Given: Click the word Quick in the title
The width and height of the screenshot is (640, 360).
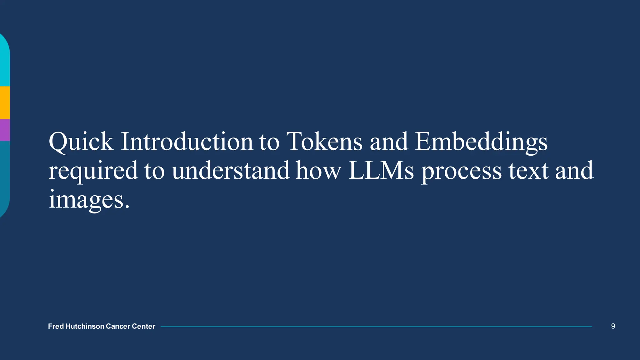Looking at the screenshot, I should coord(81,142).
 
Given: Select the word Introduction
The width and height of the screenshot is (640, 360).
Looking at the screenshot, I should coord(187,142).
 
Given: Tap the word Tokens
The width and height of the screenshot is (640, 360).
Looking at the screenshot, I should coord(324,142).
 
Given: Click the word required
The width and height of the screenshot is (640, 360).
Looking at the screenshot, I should coord(93,171).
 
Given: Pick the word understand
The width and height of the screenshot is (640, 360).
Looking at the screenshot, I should coord(231,171).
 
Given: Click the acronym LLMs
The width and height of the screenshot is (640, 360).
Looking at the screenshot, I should coord(381,171).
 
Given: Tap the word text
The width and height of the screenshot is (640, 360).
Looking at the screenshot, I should coord(528,171).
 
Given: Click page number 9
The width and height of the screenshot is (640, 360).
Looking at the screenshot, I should coord(613,326).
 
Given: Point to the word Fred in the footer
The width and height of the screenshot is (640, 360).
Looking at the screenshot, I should coord(56,326).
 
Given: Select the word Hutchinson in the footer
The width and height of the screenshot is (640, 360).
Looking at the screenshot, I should coord(85,326).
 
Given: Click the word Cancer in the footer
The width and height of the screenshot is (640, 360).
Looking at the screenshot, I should coord(118,326).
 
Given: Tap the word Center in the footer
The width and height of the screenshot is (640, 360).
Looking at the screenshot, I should coord(143,326).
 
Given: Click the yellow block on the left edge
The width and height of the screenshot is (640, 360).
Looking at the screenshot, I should coord(5,102).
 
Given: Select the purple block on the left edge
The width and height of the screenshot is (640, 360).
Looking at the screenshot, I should coord(5,130).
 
